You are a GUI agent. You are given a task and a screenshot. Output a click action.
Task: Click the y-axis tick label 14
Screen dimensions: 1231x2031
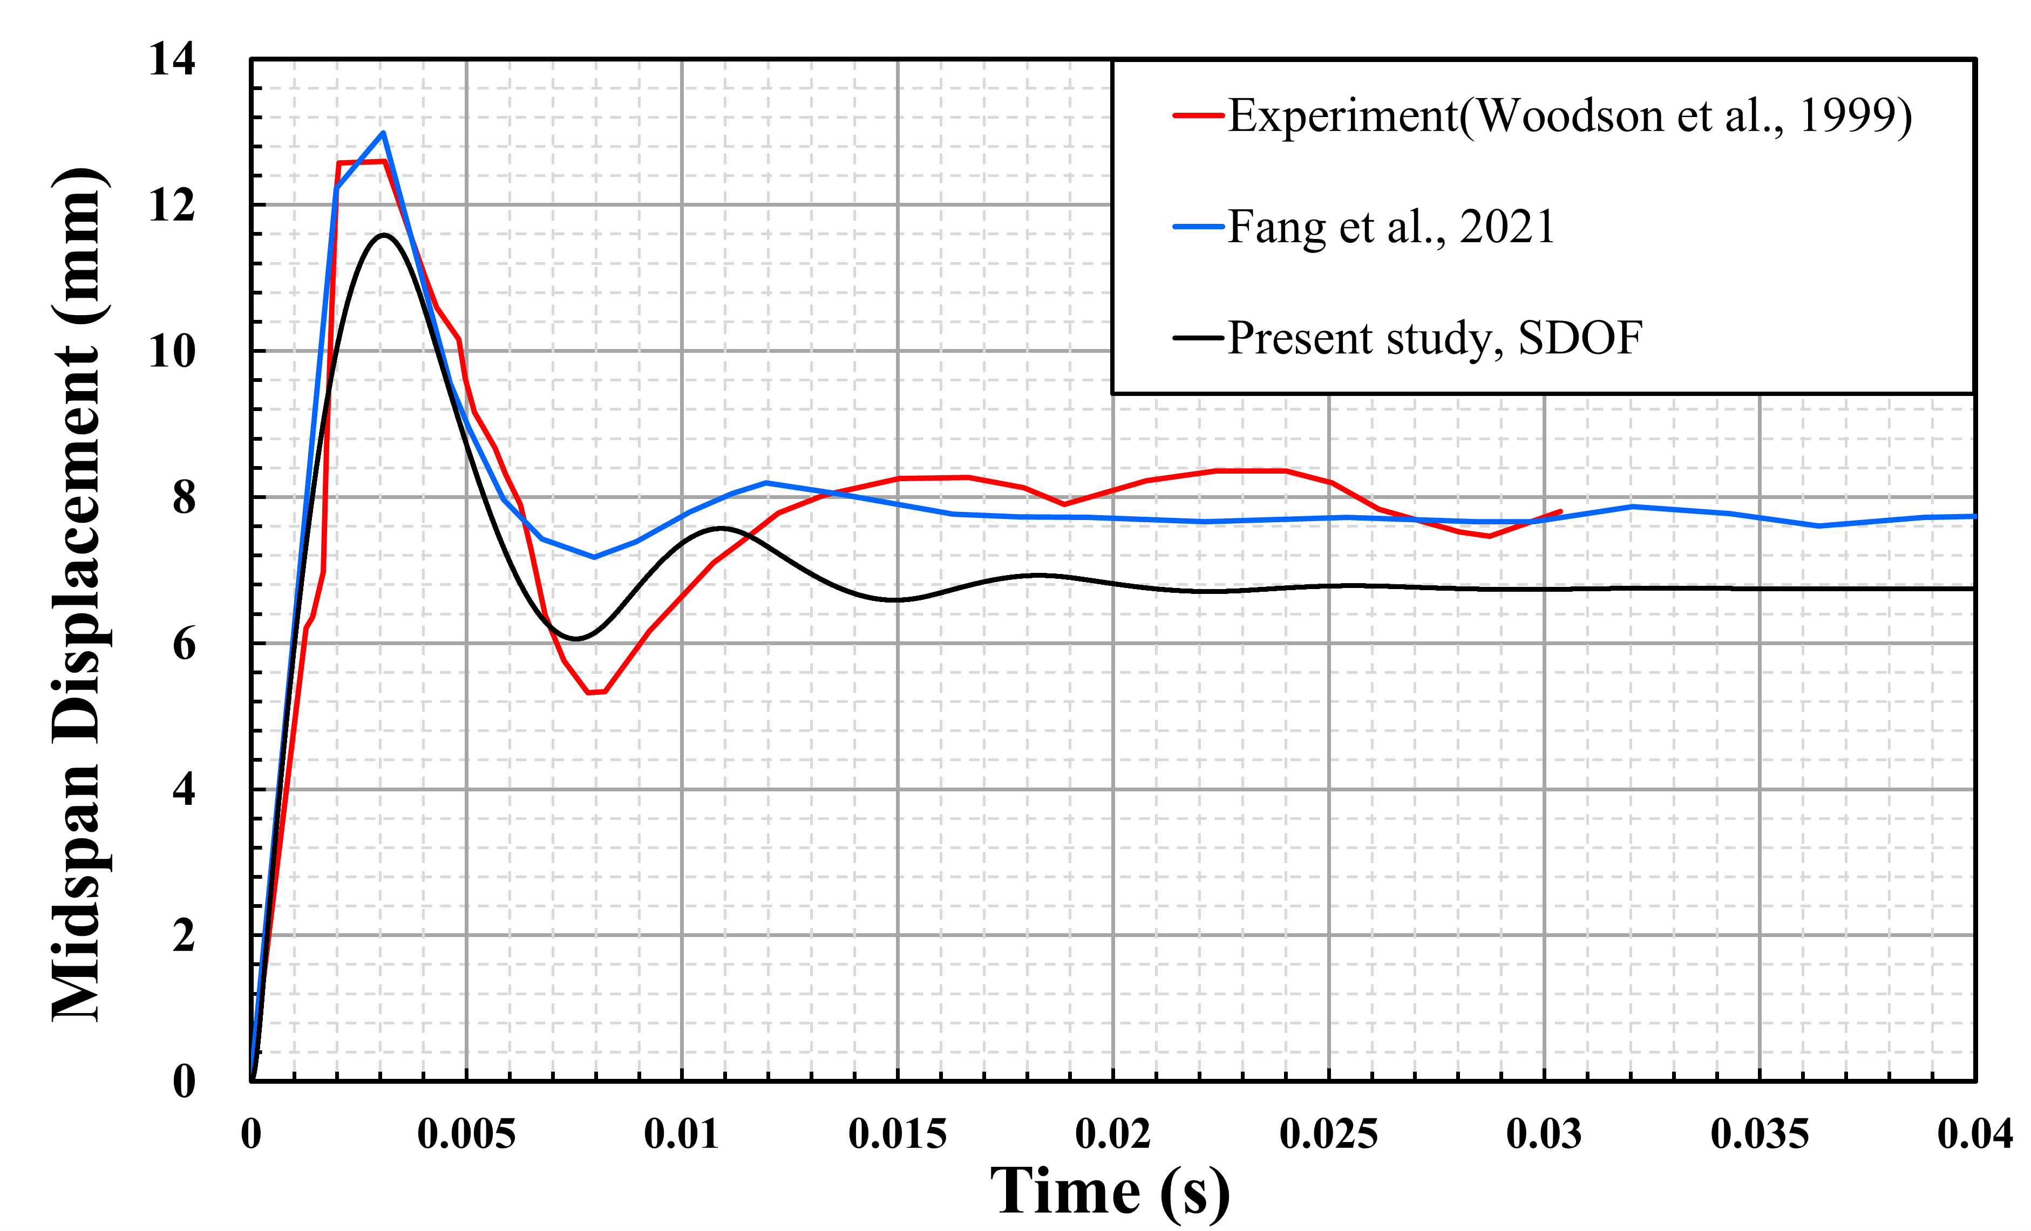click(172, 60)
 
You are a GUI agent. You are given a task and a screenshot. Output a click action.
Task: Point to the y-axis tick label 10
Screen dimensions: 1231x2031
click(172, 353)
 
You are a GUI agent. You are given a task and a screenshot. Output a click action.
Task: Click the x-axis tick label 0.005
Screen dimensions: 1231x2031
click(466, 1136)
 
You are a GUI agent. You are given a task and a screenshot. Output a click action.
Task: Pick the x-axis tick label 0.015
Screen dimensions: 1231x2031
click(897, 1136)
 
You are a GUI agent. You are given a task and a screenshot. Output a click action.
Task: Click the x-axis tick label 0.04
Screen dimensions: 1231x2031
click(1974, 1136)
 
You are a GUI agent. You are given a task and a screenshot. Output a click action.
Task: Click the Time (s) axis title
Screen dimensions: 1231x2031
click(1110, 1192)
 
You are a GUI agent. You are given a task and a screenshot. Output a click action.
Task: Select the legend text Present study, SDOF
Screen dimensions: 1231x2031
click(1434, 338)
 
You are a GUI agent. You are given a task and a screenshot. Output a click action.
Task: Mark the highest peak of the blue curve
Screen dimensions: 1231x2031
click(383, 133)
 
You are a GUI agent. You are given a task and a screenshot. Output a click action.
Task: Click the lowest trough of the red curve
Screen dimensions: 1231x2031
click(590, 692)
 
